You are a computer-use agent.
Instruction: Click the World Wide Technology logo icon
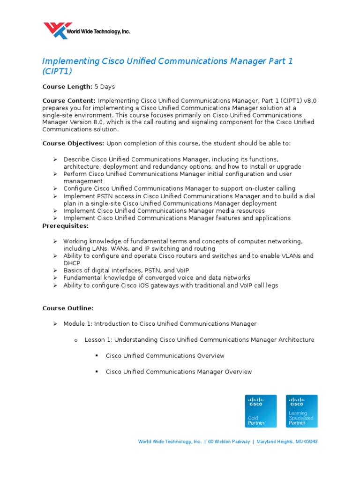coord(58,31)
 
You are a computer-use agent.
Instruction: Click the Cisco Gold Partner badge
coord(261,411)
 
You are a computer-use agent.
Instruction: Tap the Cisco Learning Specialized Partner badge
coord(302,411)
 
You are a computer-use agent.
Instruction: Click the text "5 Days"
coord(105,87)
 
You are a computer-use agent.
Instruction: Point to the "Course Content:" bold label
coord(69,101)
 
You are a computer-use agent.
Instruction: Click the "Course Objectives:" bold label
coord(73,143)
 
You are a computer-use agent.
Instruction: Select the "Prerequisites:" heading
coord(66,226)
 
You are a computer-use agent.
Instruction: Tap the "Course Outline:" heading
coord(68,308)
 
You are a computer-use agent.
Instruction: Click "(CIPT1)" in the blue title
coord(57,72)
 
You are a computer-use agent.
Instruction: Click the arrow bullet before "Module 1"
coord(54,324)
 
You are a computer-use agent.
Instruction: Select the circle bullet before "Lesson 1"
coord(75,340)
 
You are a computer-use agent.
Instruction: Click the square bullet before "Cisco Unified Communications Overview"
coord(97,356)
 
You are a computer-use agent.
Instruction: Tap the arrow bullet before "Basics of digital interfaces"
coord(54,270)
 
